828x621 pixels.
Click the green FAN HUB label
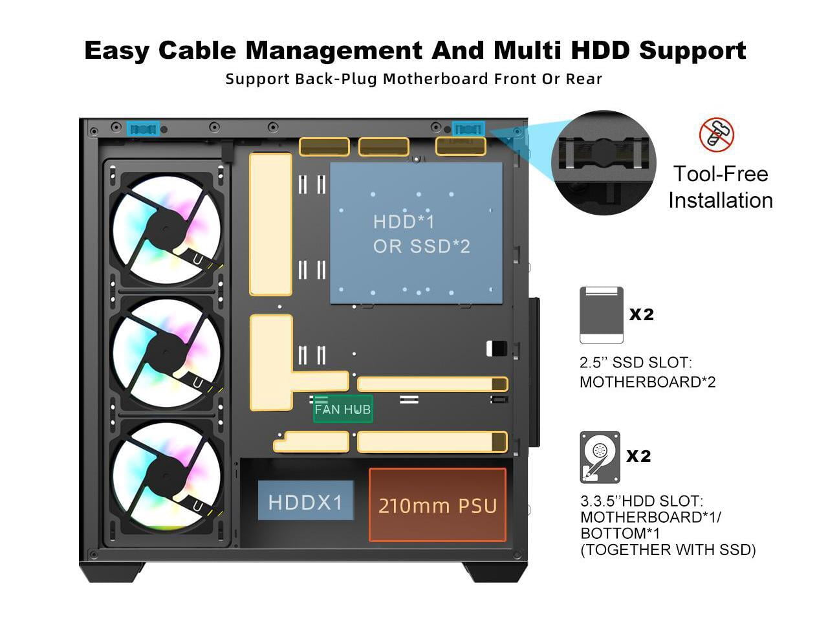coord(342,409)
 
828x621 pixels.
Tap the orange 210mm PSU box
coord(437,505)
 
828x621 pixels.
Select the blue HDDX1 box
coord(305,500)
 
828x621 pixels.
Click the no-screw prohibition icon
coord(716,135)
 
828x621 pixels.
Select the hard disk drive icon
coord(600,457)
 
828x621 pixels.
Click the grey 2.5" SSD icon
coord(602,315)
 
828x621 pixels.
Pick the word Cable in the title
coord(197,50)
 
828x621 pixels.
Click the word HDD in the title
coord(600,50)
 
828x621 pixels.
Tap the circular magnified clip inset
coord(604,162)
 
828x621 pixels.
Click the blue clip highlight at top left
coord(143,129)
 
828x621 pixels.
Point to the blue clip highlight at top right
coord(468,129)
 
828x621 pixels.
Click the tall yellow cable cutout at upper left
coord(270,224)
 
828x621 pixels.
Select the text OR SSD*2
coord(422,246)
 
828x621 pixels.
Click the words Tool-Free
coord(721,174)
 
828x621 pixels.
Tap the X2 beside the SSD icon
coord(642,314)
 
